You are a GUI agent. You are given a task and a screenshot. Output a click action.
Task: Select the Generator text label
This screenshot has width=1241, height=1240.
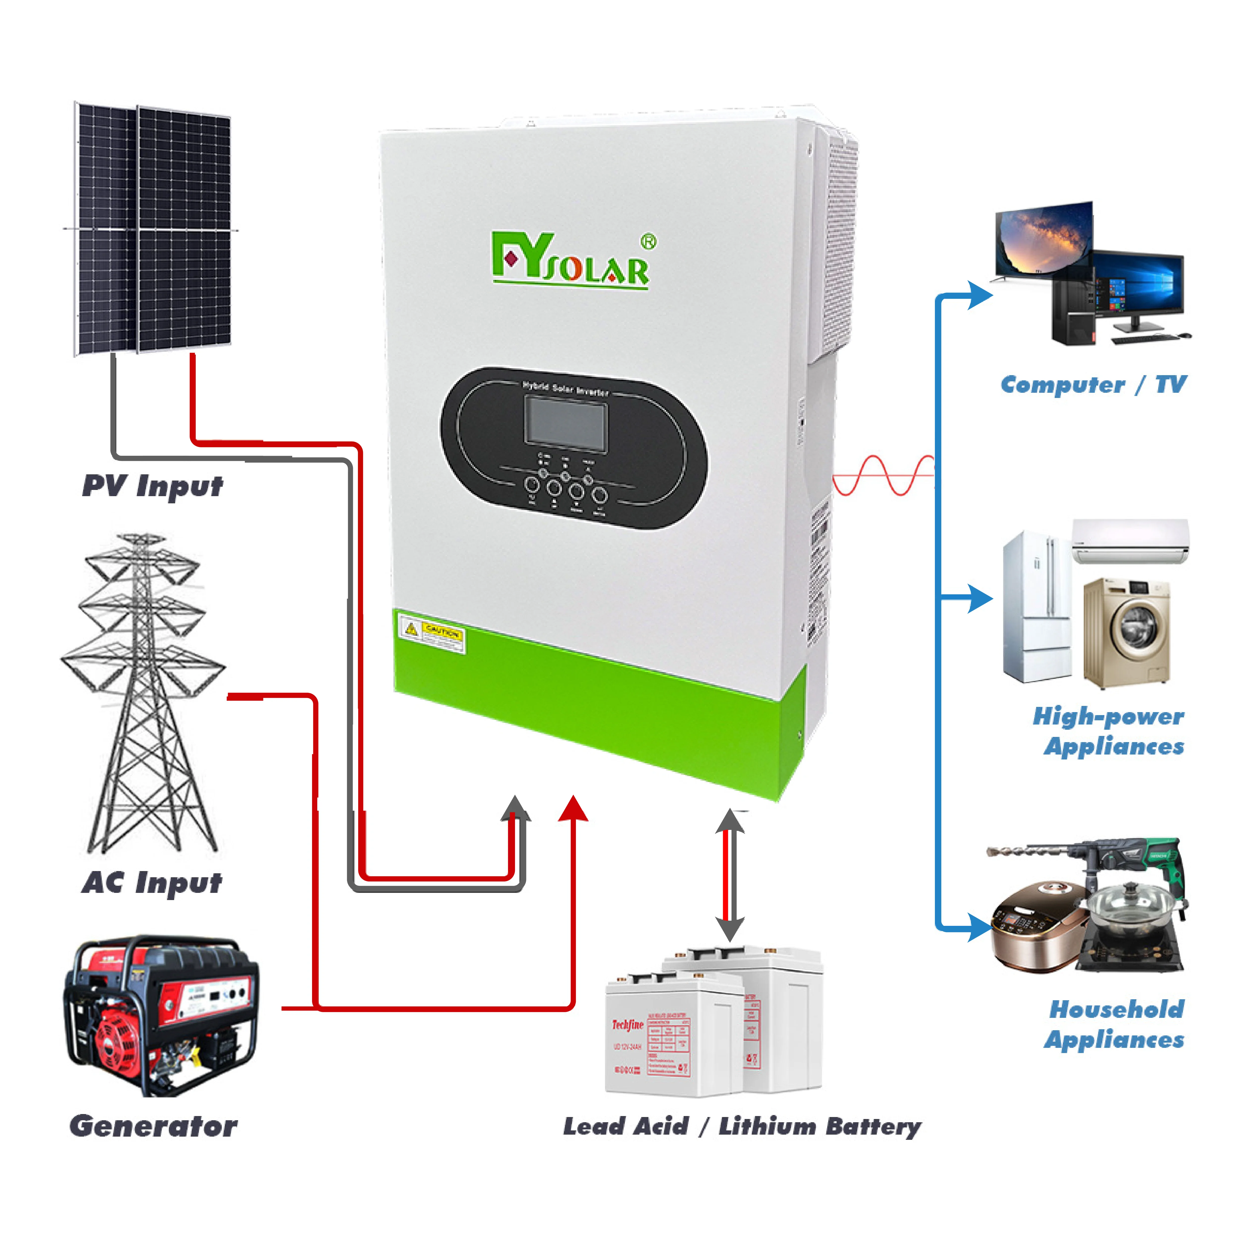coord(153,1126)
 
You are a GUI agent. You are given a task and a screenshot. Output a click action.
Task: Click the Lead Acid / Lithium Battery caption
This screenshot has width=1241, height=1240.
coord(742,1126)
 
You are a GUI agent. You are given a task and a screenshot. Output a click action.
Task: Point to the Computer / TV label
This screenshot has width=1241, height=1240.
coord(1093,385)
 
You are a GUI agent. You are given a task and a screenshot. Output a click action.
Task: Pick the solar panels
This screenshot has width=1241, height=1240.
coord(153,229)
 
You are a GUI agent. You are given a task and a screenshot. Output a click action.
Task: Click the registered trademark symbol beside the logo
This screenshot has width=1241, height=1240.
coord(649,242)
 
